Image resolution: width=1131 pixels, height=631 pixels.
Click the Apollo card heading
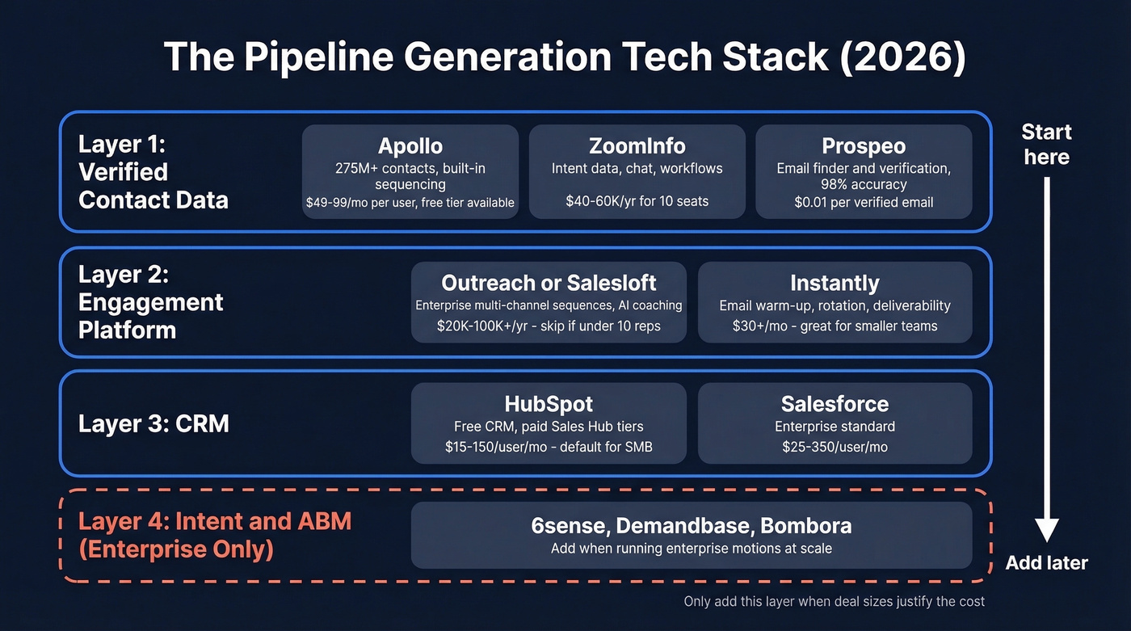coord(410,145)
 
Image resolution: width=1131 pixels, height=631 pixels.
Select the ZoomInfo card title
coord(637,145)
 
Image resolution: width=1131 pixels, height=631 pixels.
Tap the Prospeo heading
coord(863,145)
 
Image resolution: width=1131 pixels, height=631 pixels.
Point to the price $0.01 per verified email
coord(863,202)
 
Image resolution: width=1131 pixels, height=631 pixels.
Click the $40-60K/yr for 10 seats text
coord(637,201)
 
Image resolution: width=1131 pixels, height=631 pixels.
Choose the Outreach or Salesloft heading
coord(549,283)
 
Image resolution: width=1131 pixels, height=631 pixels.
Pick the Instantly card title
coord(835,283)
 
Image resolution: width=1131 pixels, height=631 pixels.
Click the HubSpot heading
coord(549,404)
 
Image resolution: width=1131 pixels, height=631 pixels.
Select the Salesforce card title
coord(835,404)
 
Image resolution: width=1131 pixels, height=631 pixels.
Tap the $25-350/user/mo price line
coord(835,447)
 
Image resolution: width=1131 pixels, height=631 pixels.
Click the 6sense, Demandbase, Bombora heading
coord(691,526)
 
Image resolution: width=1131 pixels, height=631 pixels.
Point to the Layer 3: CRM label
coord(153,423)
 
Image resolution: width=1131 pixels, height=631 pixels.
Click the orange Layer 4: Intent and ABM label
coord(214,521)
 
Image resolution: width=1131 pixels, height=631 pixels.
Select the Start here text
coord(1046,144)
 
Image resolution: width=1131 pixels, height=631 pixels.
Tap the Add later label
coord(1046,563)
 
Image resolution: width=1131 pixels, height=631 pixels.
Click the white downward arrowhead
coord(1046,530)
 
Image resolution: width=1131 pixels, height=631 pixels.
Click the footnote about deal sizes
coord(834,601)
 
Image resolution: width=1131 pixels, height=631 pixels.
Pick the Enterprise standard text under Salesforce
coord(835,426)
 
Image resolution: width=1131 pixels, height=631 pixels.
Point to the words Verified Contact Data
coord(153,186)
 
